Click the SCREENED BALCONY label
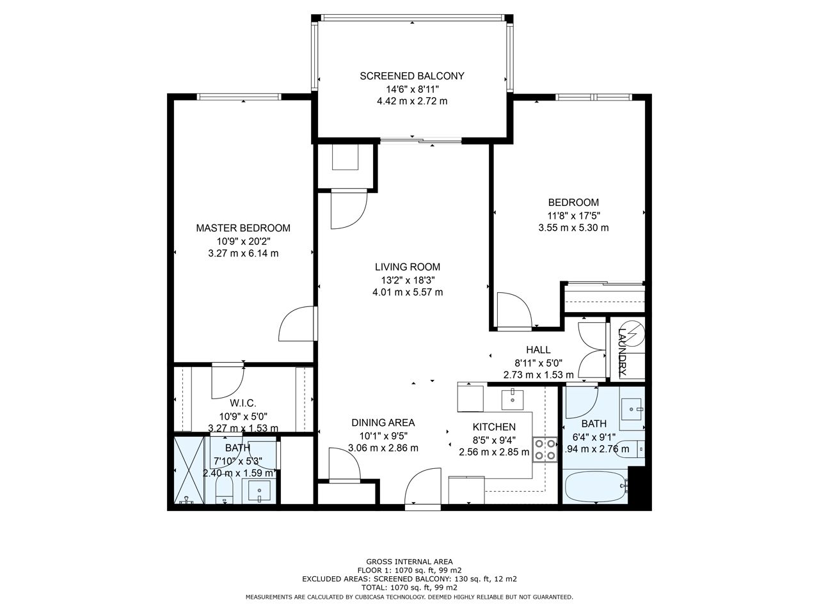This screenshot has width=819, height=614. point(412,76)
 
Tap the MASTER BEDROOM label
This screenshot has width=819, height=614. point(243,228)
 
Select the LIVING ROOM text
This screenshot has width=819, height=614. point(408,267)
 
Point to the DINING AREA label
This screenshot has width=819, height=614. point(383,423)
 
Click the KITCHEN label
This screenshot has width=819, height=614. point(494,427)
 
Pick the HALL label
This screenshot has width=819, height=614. point(538,350)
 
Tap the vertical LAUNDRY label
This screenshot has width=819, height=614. point(622,352)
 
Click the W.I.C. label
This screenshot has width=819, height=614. point(243,403)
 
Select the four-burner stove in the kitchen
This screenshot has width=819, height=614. point(545,450)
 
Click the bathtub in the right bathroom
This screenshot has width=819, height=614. point(596,487)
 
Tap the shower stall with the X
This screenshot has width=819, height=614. point(189,470)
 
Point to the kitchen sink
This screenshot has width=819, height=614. point(513,399)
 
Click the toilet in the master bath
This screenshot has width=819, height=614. point(224,491)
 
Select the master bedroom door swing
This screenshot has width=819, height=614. point(296,323)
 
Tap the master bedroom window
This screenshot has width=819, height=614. point(239,97)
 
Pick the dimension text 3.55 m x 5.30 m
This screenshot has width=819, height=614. point(573,228)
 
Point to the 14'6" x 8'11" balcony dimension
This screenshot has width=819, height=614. point(412,90)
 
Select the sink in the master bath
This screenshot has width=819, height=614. point(259,491)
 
